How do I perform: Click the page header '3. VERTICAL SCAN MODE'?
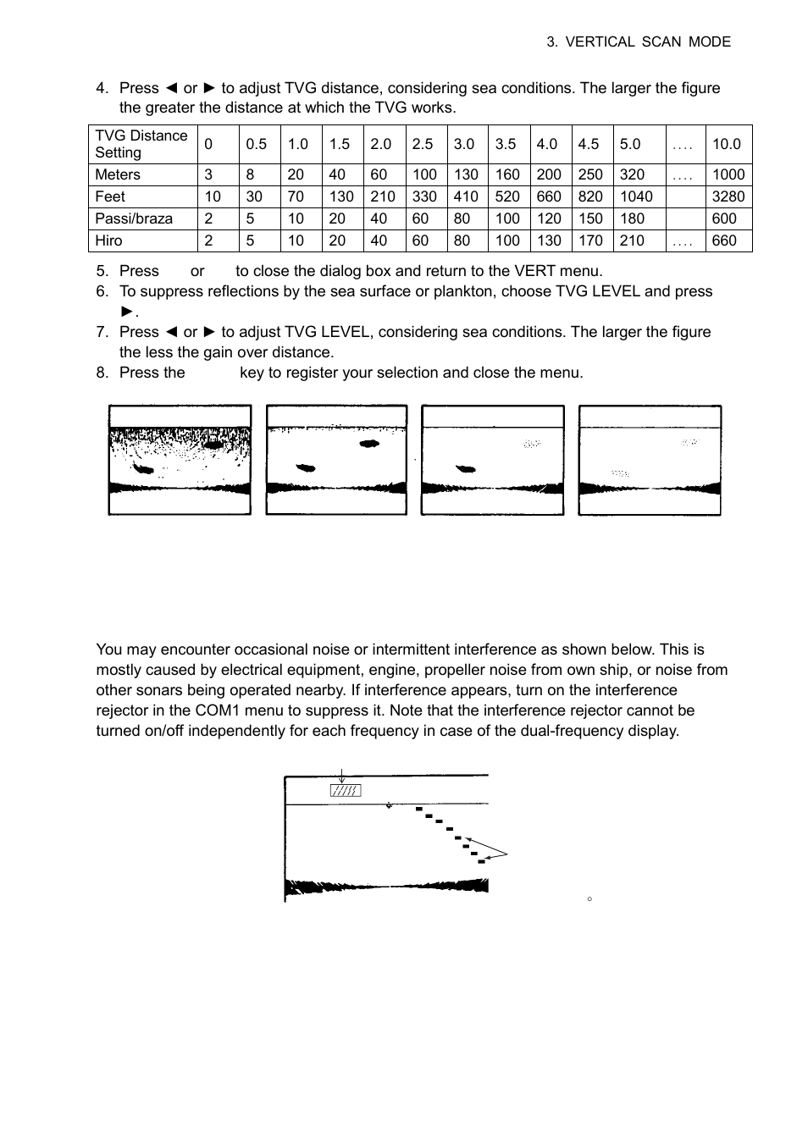click(639, 41)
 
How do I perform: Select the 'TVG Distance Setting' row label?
click(141, 144)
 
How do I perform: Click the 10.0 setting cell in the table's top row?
click(726, 144)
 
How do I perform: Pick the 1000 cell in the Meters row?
click(728, 174)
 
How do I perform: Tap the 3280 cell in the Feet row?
click(728, 196)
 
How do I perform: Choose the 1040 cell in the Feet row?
click(636, 196)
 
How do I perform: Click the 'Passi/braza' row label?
click(134, 218)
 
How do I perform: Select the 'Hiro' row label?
click(108, 240)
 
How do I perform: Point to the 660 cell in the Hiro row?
click(724, 240)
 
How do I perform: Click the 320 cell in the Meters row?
click(632, 174)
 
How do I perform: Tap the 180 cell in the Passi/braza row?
click(632, 218)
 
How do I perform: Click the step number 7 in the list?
click(102, 332)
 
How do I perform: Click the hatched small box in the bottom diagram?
click(346, 791)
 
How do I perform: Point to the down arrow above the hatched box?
click(341, 776)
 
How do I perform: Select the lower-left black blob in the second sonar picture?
click(304, 467)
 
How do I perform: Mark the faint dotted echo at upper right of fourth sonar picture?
click(689, 442)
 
